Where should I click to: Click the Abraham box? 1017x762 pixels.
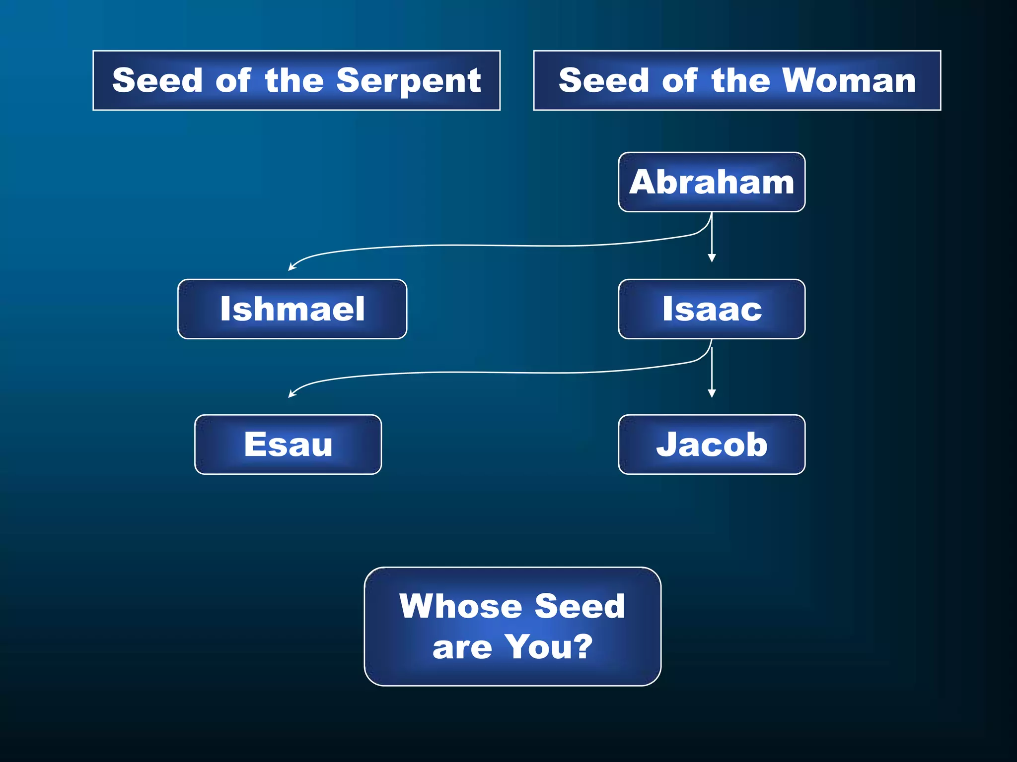tap(711, 182)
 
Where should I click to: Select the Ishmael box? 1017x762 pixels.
tap(292, 309)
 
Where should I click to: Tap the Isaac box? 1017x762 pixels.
tap(711, 309)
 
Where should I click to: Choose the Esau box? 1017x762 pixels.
tap(288, 444)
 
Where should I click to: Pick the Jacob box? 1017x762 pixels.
tap(711, 444)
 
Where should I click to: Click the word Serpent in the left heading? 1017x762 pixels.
tap(408, 81)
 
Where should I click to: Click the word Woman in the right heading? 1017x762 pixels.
tap(849, 80)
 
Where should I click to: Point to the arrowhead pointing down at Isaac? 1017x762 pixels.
tap(712, 257)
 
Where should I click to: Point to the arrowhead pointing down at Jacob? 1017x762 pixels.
tap(712, 393)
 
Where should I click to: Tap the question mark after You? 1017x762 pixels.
tap(581, 647)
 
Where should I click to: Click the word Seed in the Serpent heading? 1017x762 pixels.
tap(157, 80)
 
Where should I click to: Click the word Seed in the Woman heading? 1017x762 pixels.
tap(603, 80)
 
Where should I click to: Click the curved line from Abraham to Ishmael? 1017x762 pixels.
tap(497, 246)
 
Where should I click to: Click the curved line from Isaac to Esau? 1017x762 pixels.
tap(497, 373)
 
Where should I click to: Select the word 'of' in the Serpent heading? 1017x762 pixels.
tap(233, 80)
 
